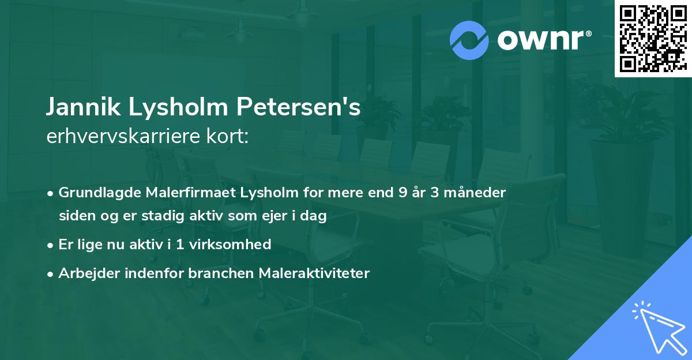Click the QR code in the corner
[x=653, y=39]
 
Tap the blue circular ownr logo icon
[x=469, y=39]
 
